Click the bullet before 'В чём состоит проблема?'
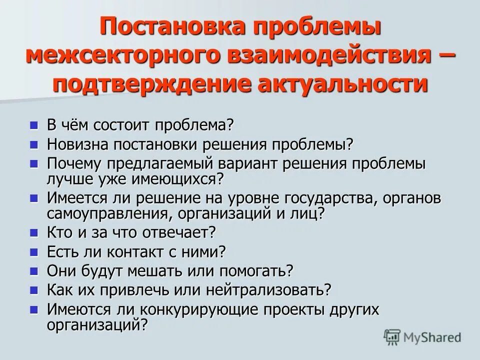click(34, 124)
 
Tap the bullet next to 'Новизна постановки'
click(34, 144)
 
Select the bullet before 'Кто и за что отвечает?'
click(34, 232)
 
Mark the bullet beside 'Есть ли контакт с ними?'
click(34, 251)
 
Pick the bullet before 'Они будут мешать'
click(34, 270)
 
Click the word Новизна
click(77, 144)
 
